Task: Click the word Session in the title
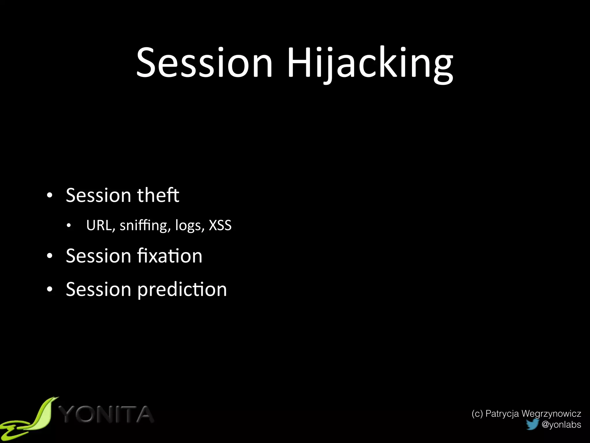tap(204, 63)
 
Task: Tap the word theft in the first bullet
tap(158, 195)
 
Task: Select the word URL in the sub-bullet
tap(99, 226)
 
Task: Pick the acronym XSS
tap(220, 226)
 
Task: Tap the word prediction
tap(182, 290)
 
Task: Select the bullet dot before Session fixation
tap(50, 256)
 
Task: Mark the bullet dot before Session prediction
tap(50, 290)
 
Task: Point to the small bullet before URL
tap(68, 226)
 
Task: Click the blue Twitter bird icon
tap(532, 424)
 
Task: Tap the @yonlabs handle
tap(561, 425)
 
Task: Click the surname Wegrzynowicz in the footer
tap(551, 414)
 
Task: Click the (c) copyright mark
tap(477, 414)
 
